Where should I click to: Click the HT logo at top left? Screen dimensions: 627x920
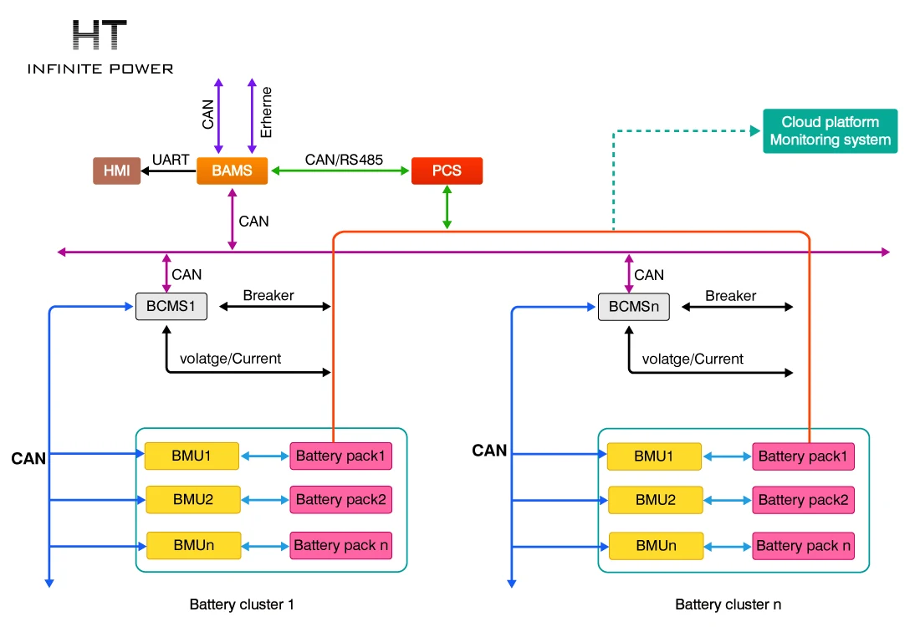100,36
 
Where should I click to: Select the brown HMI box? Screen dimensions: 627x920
116,171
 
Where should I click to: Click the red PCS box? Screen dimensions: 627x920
447,171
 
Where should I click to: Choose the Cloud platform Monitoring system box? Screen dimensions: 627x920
830,131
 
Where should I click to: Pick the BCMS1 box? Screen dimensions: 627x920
171,307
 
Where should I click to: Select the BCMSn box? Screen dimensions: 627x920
633,307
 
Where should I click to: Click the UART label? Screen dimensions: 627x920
171,160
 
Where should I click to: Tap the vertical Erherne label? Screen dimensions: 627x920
267,112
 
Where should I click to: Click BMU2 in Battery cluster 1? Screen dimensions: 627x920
193,500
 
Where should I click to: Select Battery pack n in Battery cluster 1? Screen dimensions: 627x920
341,545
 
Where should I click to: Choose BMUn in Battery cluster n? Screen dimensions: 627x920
655,545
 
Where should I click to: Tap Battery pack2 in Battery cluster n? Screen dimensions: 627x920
803,500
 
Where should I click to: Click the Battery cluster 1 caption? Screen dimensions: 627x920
242,604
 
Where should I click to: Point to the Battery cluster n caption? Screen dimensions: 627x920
728,604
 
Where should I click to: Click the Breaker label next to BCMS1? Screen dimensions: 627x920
268,296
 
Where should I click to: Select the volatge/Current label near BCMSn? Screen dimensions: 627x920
693,359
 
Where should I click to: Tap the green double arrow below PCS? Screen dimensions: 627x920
447,206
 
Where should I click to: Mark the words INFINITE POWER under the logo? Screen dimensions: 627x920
100,69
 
